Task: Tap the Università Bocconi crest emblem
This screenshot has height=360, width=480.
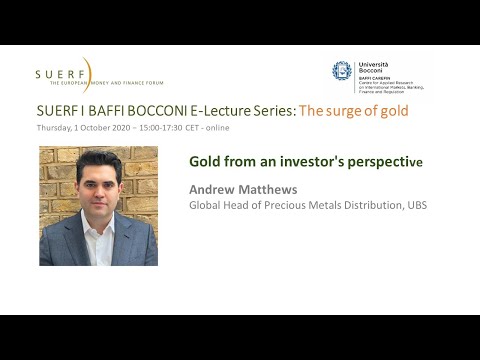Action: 342,71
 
